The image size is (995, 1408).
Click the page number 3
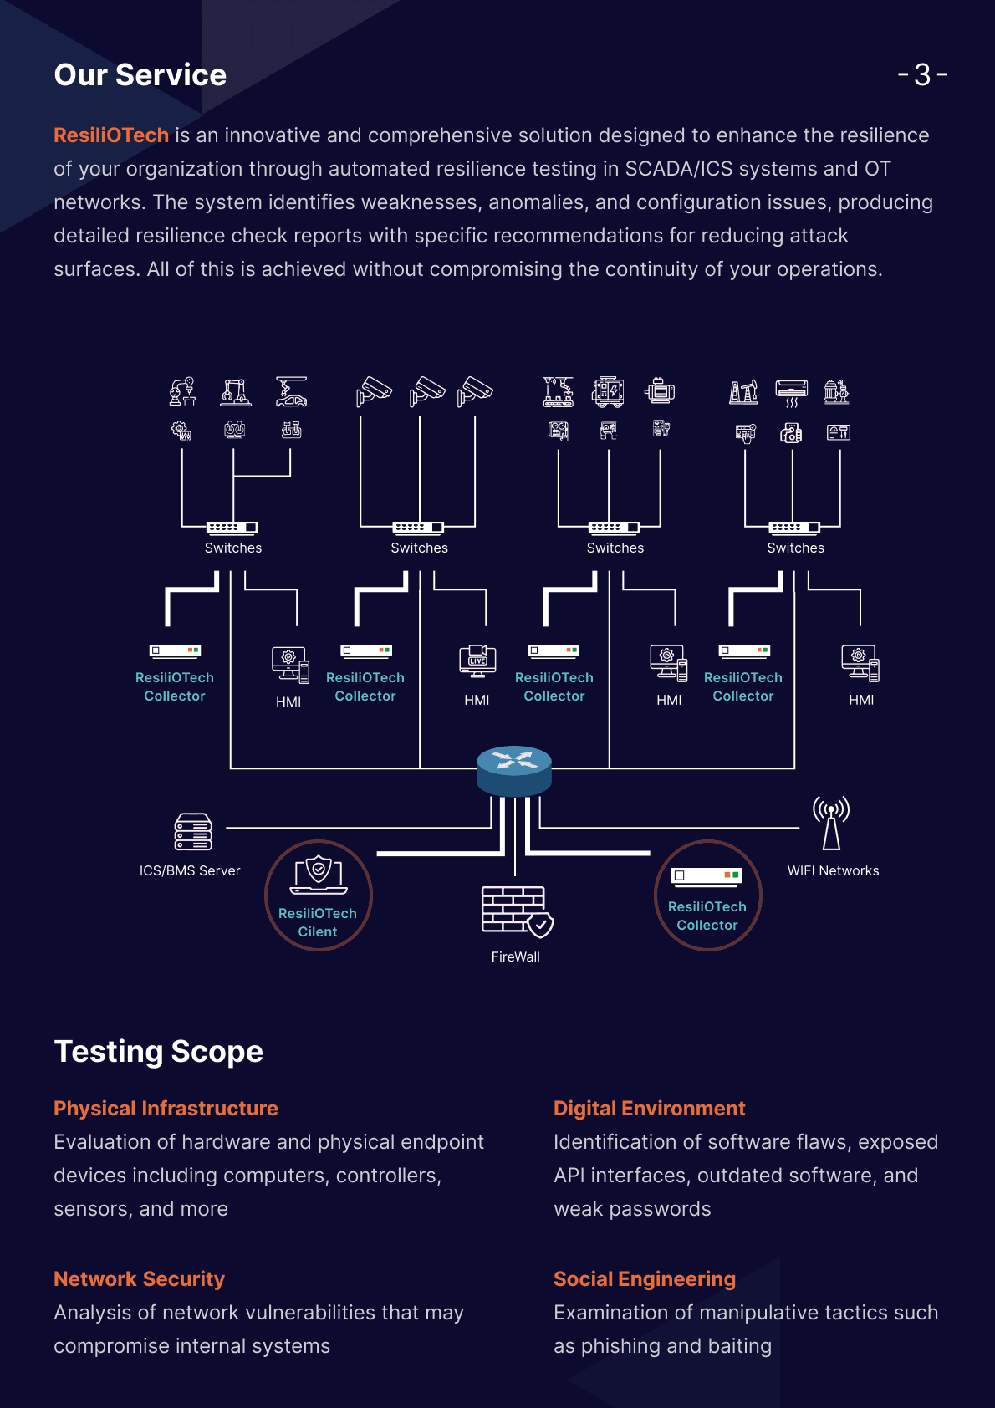pos(921,74)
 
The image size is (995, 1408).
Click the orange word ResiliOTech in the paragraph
pos(111,135)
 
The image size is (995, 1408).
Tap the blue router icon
pos(514,771)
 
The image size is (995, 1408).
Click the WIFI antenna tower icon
pos(831,823)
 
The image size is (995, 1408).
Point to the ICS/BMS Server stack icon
pos(193,831)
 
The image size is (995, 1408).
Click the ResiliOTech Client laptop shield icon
pos(319,875)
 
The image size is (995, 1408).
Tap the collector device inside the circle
pos(707,876)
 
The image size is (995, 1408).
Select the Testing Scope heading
pos(158,1052)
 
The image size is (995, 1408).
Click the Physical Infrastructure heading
pos(166,1108)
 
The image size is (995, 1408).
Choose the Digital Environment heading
pos(650,1108)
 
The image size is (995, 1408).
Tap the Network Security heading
pos(139,1278)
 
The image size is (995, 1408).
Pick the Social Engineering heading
pos(645,1278)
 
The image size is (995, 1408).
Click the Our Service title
pos(140,74)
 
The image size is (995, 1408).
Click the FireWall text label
pos(515,957)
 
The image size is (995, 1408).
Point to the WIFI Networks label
pos(833,870)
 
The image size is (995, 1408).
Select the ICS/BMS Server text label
pos(190,870)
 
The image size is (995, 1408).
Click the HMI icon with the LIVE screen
pos(477,661)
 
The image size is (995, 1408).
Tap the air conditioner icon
pos(791,393)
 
